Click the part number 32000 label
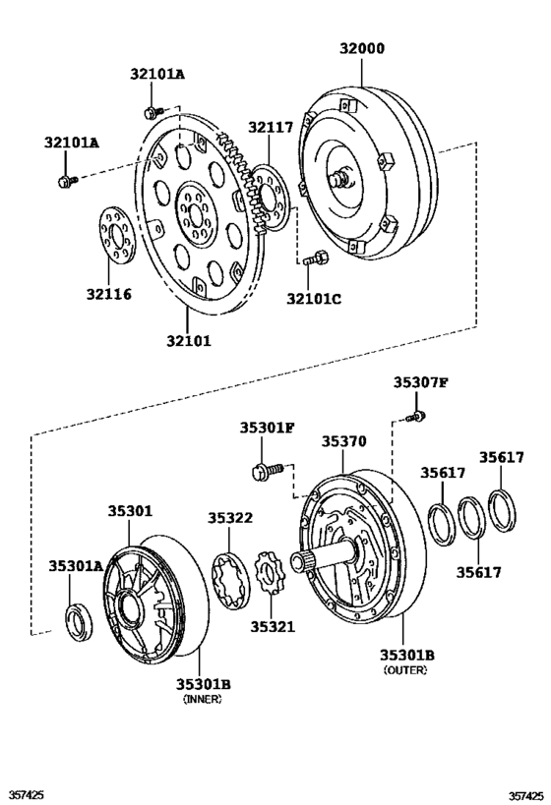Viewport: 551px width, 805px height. click(x=361, y=48)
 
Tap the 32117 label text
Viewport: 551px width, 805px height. click(x=271, y=128)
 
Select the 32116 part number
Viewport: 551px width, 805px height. click(x=108, y=294)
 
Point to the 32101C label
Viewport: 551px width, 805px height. click(x=314, y=298)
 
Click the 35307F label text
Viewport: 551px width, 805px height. click(x=421, y=382)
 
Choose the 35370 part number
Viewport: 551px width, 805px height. click(x=343, y=441)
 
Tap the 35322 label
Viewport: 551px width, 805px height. click(x=230, y=518)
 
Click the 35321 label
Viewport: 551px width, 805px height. click(x=273, y=627)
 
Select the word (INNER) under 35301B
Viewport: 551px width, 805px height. click(x=203, y=699)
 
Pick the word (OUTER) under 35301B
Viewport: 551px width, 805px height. click(x=405, y=670)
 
